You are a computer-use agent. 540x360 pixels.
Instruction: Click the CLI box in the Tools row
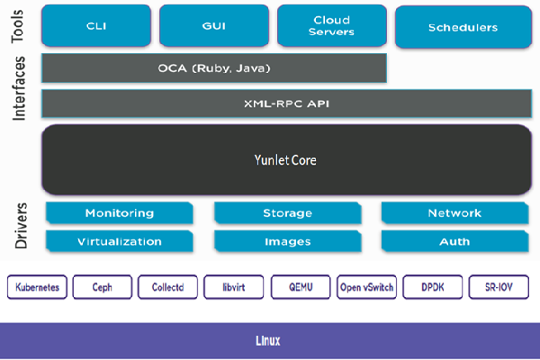coord(96,26)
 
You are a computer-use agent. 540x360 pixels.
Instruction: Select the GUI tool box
coord(214,26)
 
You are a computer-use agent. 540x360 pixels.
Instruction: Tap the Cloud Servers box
coord(331,26)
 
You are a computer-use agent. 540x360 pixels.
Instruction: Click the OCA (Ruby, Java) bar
coord(214,68)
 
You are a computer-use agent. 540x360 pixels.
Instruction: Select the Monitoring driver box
coord(119,213)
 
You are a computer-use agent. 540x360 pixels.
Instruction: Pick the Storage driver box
coord(287,213)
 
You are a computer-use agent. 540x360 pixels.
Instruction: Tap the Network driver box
coord(454,213)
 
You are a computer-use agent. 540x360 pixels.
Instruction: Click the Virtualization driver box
coord(119,241)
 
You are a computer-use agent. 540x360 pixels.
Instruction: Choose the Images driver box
coord(287,241)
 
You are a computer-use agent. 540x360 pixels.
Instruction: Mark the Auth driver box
coord(454,241)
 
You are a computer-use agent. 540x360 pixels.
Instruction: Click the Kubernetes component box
coord(37,287)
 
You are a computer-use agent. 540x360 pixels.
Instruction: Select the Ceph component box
coord(103,287)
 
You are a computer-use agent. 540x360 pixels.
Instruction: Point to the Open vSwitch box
coord(365,287)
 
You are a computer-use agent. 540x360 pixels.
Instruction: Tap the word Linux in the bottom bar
coord(268,341)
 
